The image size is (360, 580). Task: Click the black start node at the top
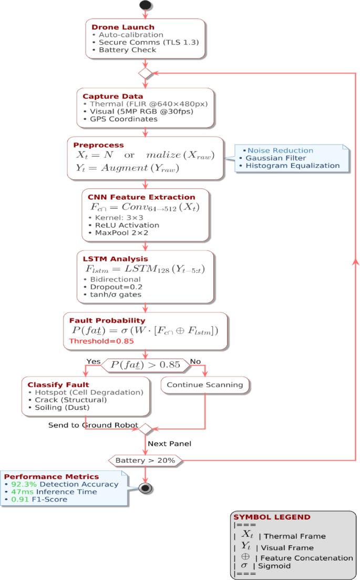pos(146,5)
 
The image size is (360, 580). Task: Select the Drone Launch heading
pos(123,27)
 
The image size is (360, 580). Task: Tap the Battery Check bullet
pos(127,50)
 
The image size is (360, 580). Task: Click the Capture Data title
pos(112,96)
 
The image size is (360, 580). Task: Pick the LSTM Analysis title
pos(115,259)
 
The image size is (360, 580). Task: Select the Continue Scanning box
pos(204,385)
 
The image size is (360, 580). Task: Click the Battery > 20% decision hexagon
pos(145,461)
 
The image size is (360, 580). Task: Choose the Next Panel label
pos(169,444)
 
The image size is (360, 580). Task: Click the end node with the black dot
pos(146,488)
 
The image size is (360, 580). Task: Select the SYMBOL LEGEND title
pos(272,517)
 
